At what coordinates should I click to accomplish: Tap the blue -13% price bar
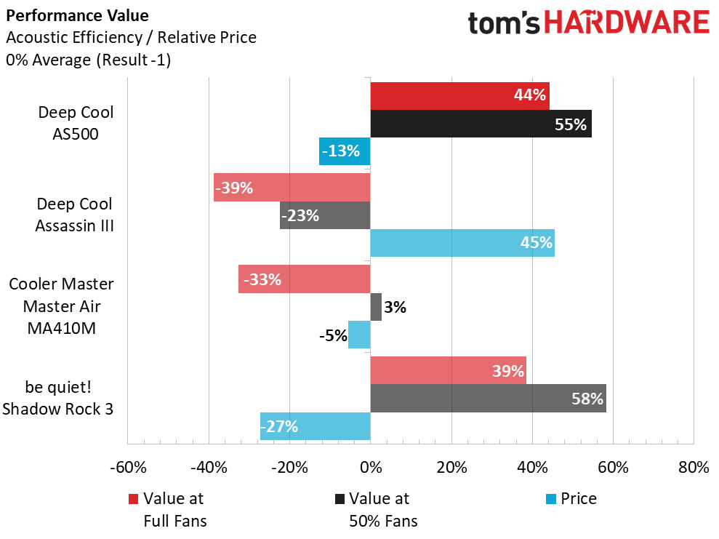345,151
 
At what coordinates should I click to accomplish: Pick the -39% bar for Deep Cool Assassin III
292,188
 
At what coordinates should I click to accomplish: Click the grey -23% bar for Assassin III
325,215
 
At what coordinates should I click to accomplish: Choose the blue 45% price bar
462,242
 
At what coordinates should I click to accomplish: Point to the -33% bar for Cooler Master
304,279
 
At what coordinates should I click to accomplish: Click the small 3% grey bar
376,307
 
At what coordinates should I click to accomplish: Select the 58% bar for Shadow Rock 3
488,399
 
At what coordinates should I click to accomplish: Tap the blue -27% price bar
315,426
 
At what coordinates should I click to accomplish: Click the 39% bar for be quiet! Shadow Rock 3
448,371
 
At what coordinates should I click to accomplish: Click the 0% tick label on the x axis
371,467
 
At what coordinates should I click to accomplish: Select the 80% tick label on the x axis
693,467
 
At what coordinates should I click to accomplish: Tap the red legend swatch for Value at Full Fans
133,499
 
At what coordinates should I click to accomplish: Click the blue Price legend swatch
551,499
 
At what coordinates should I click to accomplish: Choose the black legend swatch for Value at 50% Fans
339,499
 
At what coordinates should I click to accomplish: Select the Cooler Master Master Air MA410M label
62,306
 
